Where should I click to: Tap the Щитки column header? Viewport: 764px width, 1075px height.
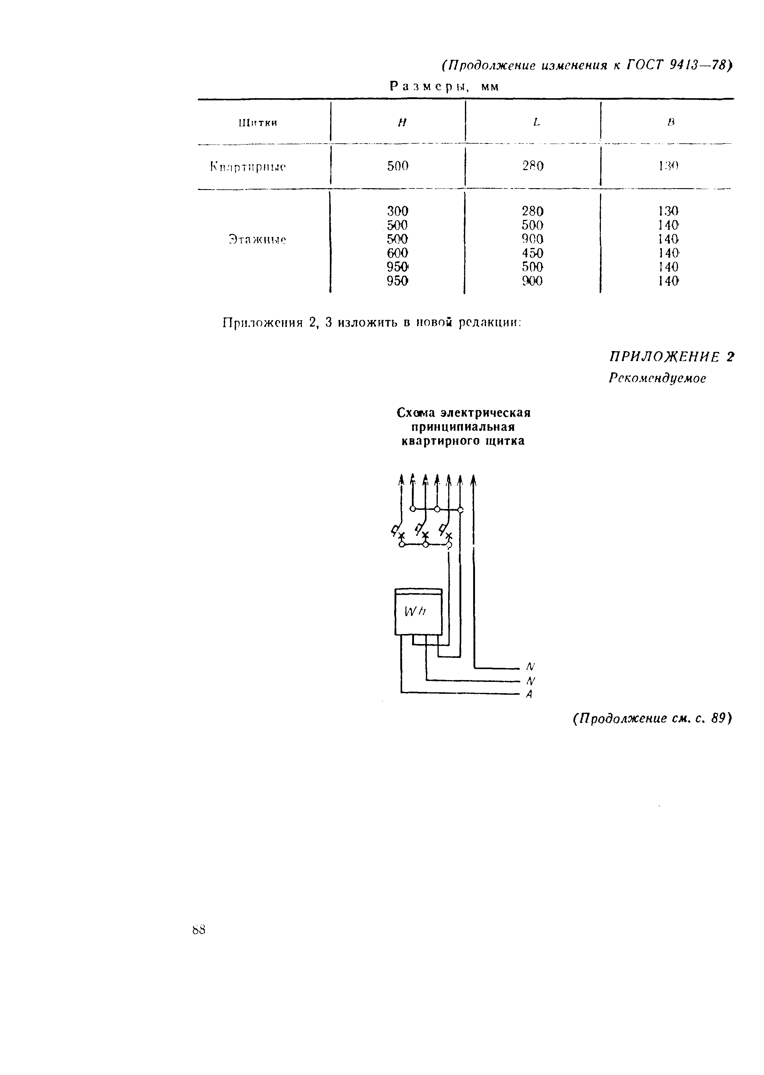258,123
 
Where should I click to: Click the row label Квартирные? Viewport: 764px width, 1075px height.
248,167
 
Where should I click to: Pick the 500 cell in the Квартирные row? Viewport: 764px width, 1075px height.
398,166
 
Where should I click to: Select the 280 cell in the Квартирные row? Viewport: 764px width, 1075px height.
533,166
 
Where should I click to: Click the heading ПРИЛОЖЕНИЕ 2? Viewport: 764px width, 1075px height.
671,357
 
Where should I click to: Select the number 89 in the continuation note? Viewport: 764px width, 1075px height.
718,718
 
